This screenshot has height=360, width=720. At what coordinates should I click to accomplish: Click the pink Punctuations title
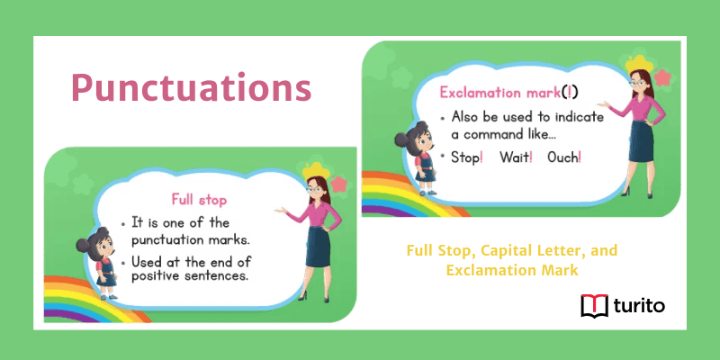(191, 88)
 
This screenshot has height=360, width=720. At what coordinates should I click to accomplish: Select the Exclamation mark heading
(501, 93)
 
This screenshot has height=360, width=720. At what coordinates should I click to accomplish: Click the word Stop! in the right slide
(468, 157)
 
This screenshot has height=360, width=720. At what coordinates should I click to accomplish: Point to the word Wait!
(516, 157)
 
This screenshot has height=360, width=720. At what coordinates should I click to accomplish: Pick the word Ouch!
(564, 157)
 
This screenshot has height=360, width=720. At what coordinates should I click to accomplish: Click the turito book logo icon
(595, 307)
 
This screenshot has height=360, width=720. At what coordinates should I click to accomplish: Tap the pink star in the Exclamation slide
(663, 78)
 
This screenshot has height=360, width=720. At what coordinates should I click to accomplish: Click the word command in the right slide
(491, 134)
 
